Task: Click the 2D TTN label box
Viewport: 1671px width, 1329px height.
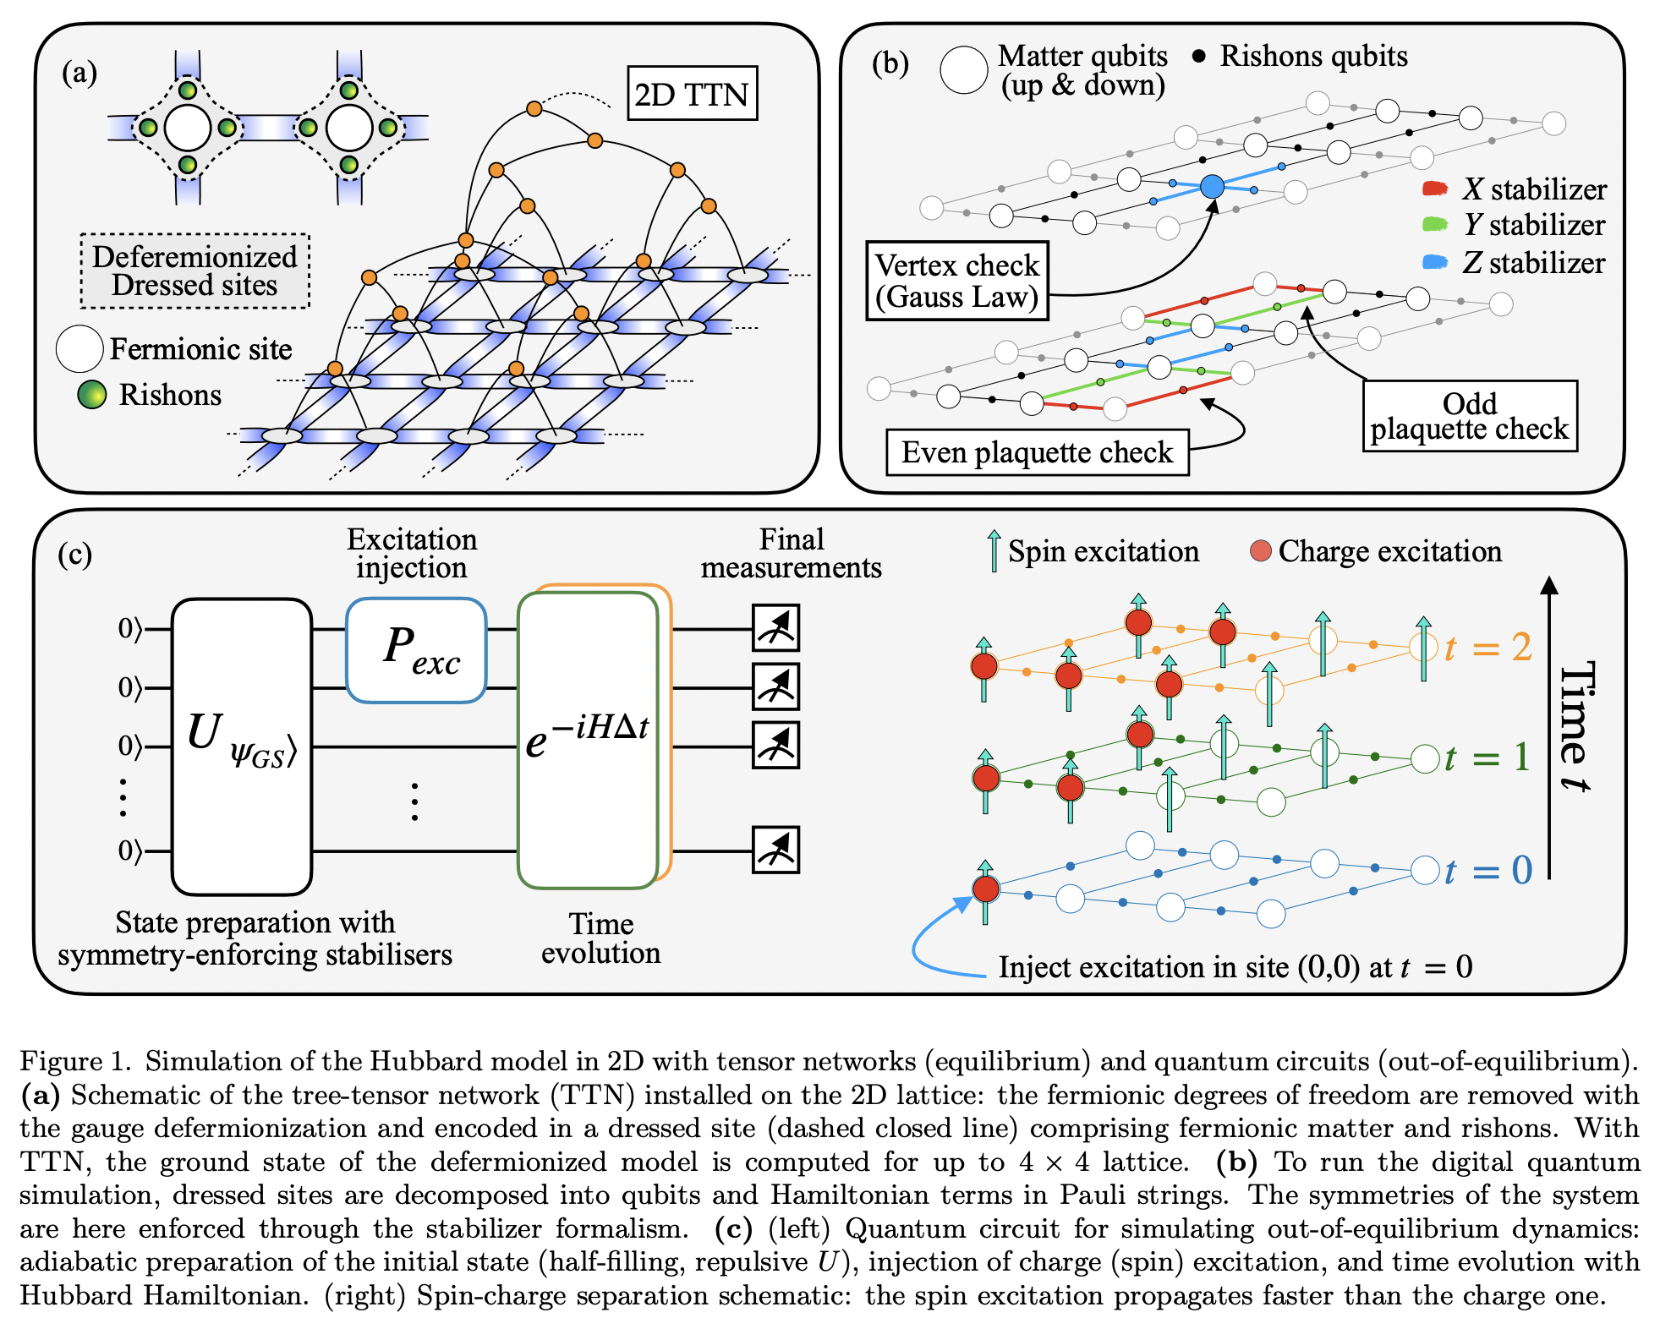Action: (x=691, y=94)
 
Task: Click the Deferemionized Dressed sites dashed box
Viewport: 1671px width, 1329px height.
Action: (x=194, y=271)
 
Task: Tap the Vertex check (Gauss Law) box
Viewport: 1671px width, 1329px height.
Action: (x=956, y=281)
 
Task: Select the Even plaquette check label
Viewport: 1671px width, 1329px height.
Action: (x=1037, y=452)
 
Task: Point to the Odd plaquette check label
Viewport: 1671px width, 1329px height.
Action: (x=1469, y=416)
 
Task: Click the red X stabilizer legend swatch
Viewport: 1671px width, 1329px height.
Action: (x=1436, y=189)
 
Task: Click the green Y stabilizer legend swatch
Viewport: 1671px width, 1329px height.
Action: (x=1436, y=225)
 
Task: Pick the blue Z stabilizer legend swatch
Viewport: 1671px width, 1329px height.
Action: (x=1436, y=262)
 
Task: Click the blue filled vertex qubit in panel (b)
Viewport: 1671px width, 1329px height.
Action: (x=1212, y=186)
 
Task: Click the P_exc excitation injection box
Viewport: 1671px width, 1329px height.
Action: (x=416, y=650)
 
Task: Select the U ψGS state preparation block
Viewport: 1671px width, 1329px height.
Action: (x=242, y=746)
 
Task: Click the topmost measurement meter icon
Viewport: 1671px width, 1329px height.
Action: (x=775, y=627)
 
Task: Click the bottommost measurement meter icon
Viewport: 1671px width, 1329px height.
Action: (x=775, y=850)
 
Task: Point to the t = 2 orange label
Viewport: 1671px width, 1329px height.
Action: (x=1488, y=648)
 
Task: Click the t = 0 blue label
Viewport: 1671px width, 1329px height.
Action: (x=1488, y=870)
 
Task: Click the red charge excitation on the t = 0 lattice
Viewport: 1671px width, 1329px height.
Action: (x=985, y=889)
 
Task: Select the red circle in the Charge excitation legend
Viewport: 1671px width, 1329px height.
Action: (x=1260, y=551)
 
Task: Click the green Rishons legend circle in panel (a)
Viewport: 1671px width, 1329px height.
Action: (x=91, y=395)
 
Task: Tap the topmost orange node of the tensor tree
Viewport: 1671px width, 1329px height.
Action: (x=534, y=108)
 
